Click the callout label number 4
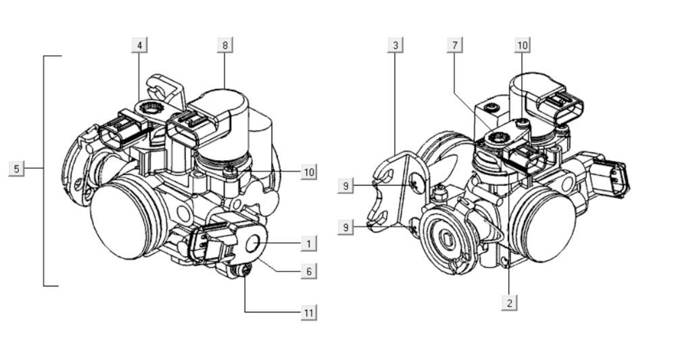click(139, 45)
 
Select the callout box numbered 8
click(225, 45)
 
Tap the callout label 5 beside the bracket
click(17, 168)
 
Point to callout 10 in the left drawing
click(308, 172)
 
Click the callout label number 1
click(308, 242)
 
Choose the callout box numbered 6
click(308, 271)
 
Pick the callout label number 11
click(308, 312)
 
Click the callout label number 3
click(396, 45)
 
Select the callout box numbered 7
click(456, 45)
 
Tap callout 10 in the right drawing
click(522, 45)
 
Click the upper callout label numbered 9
click(346, 186)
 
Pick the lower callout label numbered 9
click(346, 228)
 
